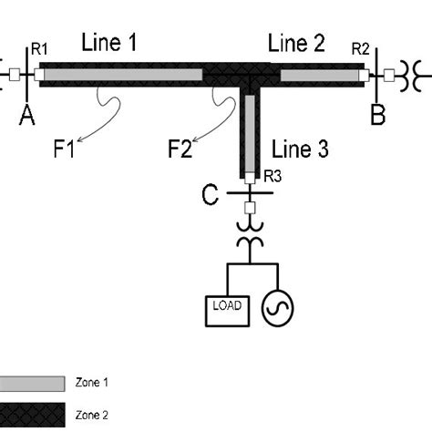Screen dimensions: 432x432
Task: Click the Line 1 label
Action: point(109,42)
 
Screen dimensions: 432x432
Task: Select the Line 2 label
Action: point(296,43)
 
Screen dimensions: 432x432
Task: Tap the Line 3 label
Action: point(300,149)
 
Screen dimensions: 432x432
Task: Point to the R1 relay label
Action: point(39,49)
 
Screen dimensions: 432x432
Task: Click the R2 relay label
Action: point(361,49)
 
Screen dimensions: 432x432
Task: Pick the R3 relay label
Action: point(273,176)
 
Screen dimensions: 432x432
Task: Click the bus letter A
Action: point(27,116)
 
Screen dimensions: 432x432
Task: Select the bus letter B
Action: point(378,115)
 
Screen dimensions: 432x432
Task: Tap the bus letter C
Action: point(210,194)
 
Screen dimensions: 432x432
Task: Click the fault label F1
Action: point(64,149)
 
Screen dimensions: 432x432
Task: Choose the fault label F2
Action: point(180,149)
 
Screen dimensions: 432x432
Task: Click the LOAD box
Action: point(228,311)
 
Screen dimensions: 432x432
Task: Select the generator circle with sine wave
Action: point(277,308)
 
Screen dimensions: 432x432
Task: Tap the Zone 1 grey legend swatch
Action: point(32,384)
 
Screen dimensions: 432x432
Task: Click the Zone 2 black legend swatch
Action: point(32,415)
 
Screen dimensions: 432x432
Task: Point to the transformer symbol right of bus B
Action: point(411,76)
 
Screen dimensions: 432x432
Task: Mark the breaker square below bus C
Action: point(250,208)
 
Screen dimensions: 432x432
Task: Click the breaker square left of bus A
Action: point(15,75)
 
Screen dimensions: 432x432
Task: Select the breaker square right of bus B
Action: point(389,76)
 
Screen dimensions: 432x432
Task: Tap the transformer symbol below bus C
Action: point(250,234)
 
